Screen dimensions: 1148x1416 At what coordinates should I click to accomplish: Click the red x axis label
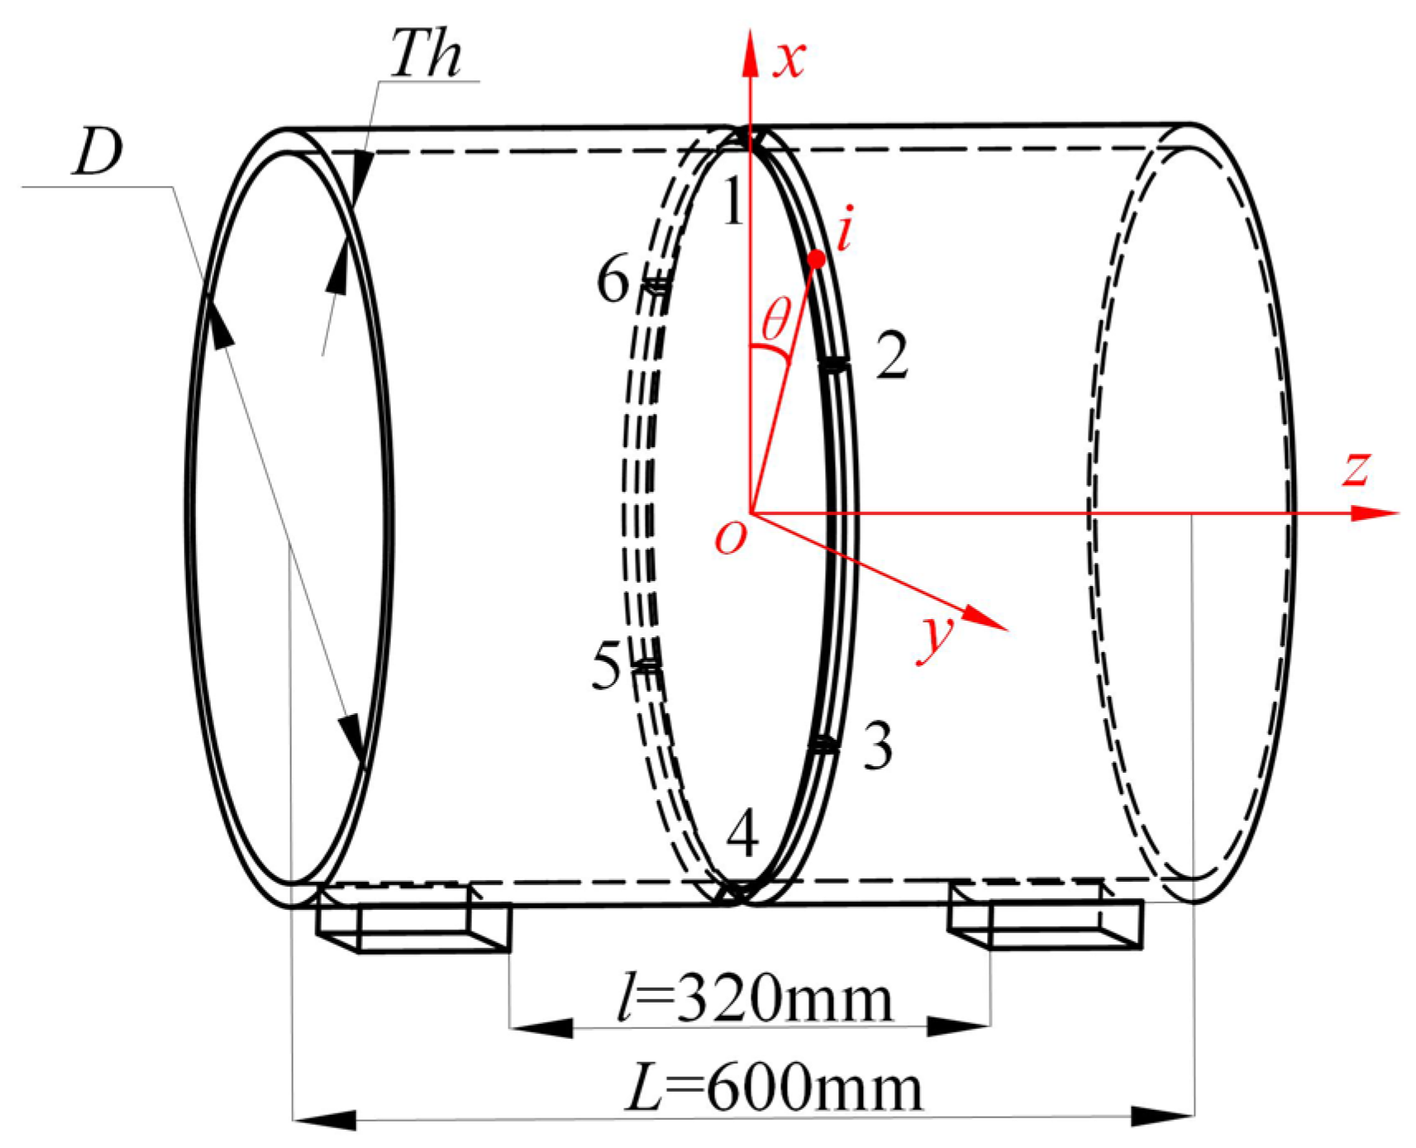(789, 60)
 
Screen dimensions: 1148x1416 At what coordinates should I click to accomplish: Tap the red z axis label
(1356, 468)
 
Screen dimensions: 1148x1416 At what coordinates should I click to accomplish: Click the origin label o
(731, 538)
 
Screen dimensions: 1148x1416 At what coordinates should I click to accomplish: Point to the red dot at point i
(816, 259)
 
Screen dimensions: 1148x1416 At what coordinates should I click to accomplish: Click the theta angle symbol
(775, 321)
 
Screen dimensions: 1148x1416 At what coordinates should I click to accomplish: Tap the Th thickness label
(426, 55)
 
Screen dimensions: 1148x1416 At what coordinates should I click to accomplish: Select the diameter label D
(98, 154)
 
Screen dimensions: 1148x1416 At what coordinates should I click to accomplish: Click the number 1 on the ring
(732, 202)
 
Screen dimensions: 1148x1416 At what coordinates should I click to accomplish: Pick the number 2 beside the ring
(891, 357)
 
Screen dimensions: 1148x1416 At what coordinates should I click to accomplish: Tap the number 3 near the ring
(878, 746)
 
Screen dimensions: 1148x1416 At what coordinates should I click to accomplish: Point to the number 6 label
(613, 281)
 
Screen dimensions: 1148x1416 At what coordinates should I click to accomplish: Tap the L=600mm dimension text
(773, 1089)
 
